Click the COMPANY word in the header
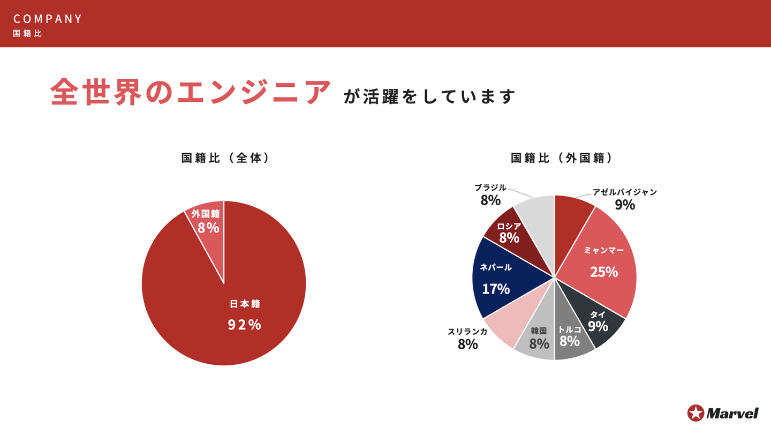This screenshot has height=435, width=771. point(48,19)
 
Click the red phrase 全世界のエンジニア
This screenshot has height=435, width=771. point(191,93)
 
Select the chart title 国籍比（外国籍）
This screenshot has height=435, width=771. point(562,158)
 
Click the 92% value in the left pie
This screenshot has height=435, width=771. point(244,325)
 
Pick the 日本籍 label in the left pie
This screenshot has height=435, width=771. point(245,304)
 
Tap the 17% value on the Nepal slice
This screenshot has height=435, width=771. point(496,289)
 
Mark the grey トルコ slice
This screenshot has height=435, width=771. point(571,337)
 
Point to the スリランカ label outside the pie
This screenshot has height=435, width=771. point(467,332)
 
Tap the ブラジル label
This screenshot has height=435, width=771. point(490,187)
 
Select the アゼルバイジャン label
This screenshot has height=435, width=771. point(624,192)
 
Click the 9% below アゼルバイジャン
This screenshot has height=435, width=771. point(624,205)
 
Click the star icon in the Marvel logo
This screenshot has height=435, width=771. point(696,413)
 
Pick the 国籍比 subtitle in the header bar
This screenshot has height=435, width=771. point(27,33)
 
